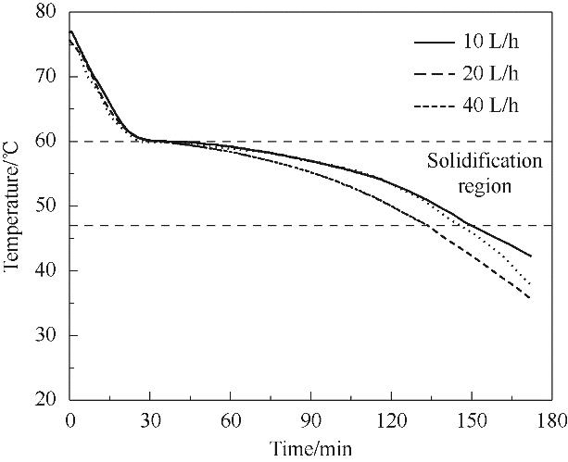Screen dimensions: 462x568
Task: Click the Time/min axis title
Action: click(x=310, y=448)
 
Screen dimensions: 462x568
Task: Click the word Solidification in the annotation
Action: click(x=484, y=162)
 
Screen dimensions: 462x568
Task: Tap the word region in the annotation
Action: click(x=484, y=184)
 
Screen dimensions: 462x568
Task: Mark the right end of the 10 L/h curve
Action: click(x=531, y=256)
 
